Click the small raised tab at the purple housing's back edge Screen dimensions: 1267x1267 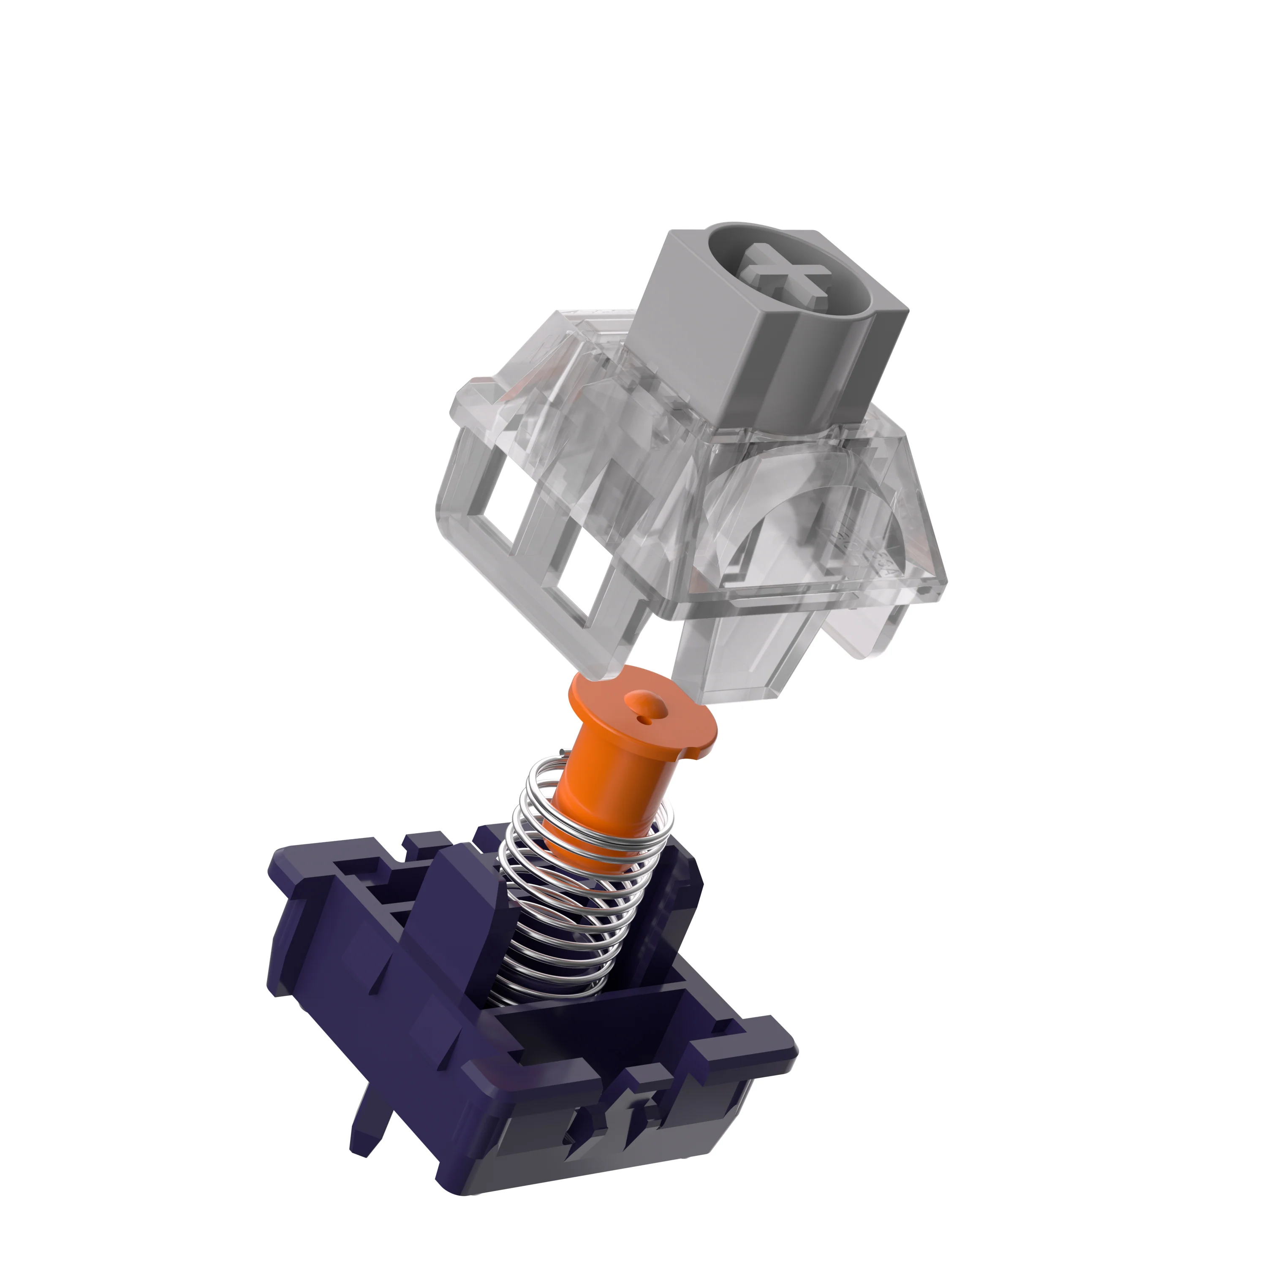[420, 843]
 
